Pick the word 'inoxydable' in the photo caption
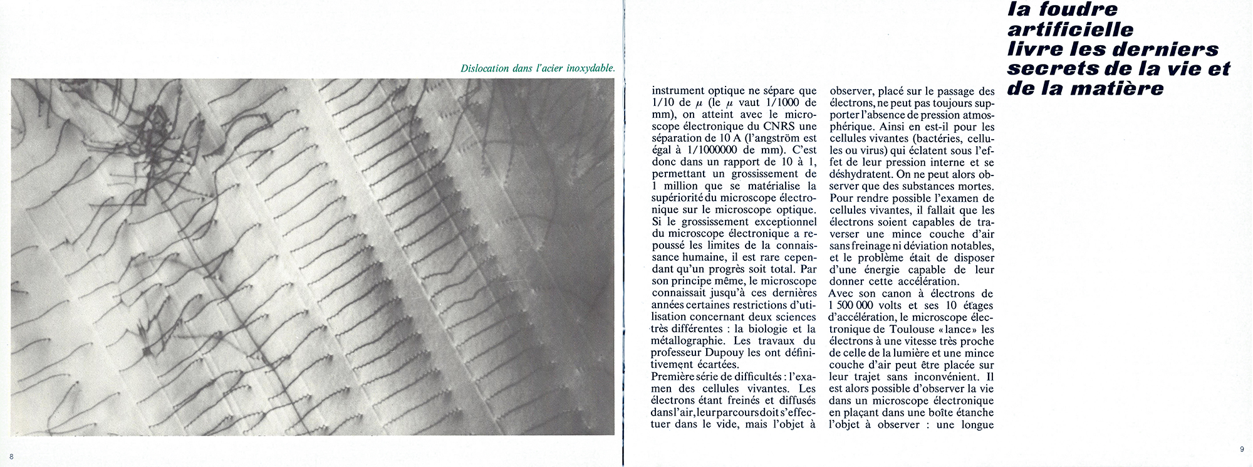click(591, 68)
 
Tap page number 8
click(11, 456)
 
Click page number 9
click(1242, 449)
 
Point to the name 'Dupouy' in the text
click(726, 353)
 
